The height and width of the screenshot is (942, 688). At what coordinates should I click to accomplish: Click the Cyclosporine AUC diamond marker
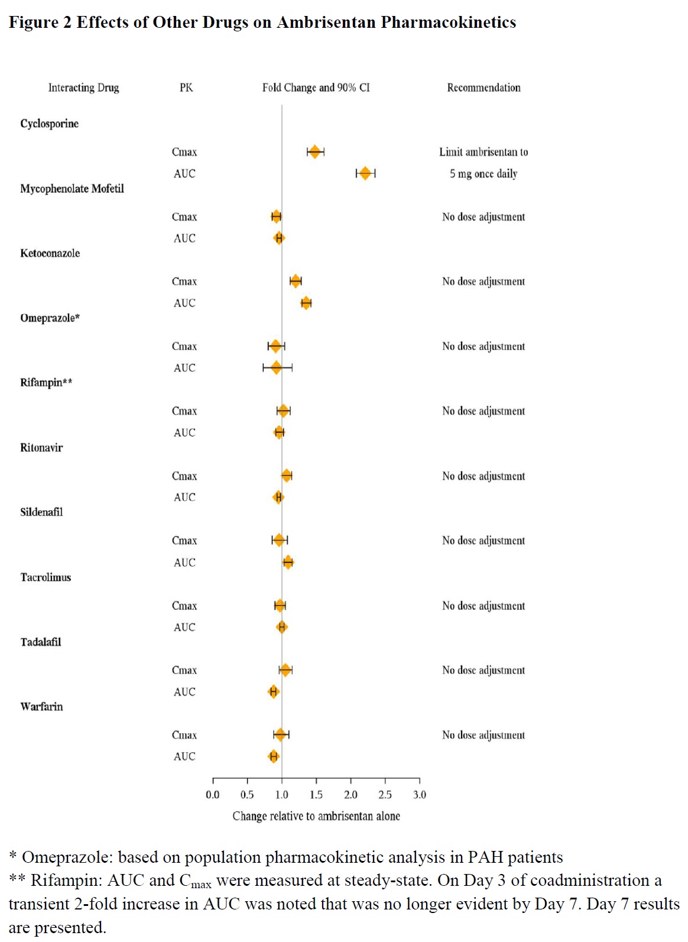[x=365, y=173]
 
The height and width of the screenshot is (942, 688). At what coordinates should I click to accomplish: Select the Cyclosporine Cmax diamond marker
[x=314, y=152]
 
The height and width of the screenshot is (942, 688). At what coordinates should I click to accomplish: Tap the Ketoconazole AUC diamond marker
[x=306, y=303]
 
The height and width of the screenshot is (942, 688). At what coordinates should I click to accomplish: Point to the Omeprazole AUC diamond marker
[x=276, y=368]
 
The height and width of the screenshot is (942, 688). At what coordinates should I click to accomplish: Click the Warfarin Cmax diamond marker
[x=280, y=734]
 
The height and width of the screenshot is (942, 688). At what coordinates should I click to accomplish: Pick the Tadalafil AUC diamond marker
[x=273, y=691]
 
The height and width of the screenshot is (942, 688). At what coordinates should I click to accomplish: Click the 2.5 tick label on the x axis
[x=385, y=795]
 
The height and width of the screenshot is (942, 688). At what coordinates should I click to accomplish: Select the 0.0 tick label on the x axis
[x=213, y=795]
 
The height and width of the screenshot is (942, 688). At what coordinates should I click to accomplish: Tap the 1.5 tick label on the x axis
[x=316, y=795]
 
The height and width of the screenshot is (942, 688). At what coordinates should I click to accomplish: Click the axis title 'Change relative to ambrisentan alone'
[x=316, y=816]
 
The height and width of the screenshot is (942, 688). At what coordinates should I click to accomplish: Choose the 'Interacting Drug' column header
[x=83, y=88]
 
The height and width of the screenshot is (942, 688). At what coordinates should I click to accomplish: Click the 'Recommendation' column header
[x=483, y=88]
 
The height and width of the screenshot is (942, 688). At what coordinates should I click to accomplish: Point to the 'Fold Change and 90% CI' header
[x=316, y=88]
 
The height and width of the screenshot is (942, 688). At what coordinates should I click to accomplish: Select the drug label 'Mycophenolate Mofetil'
[x=72, y=189]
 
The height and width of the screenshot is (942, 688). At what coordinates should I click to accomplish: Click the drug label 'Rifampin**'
[x=46, y=383]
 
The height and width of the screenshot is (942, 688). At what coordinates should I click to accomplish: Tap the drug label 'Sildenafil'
[x=41, y=512]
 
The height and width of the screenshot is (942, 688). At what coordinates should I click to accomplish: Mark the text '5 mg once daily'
[x=483, y=174]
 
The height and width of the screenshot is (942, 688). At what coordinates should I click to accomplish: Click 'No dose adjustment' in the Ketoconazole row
[x=483, y=281]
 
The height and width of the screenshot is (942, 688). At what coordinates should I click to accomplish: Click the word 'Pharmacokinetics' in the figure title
[x=448, y=22]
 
